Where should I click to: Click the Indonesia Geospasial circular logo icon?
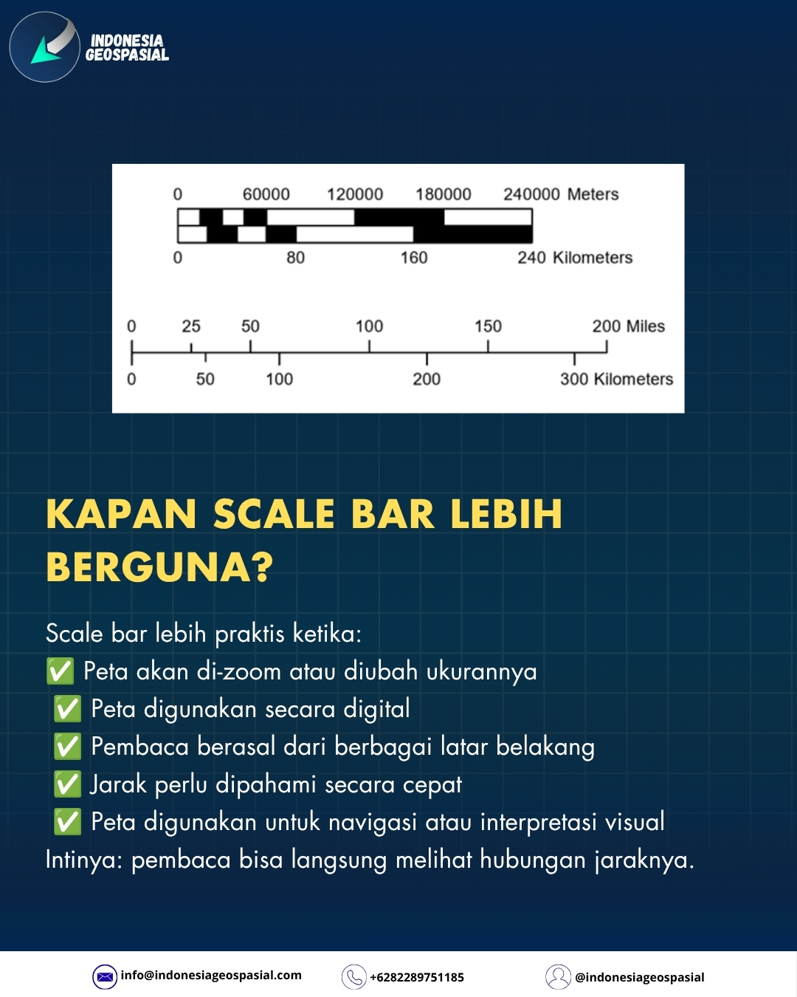45,47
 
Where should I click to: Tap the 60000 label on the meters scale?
266,194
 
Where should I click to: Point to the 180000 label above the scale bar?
444,194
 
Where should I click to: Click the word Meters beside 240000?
593,194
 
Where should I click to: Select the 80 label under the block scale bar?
295,258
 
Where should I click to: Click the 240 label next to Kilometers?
531,258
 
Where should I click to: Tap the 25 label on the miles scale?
191,326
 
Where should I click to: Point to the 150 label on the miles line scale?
488,326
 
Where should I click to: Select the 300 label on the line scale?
574,379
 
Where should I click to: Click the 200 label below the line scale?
427,379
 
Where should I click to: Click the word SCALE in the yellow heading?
273,514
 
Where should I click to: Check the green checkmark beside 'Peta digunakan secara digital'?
68,709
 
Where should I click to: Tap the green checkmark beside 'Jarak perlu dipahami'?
68,784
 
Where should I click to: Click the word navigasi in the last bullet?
373,822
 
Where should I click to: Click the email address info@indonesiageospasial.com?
211,976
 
